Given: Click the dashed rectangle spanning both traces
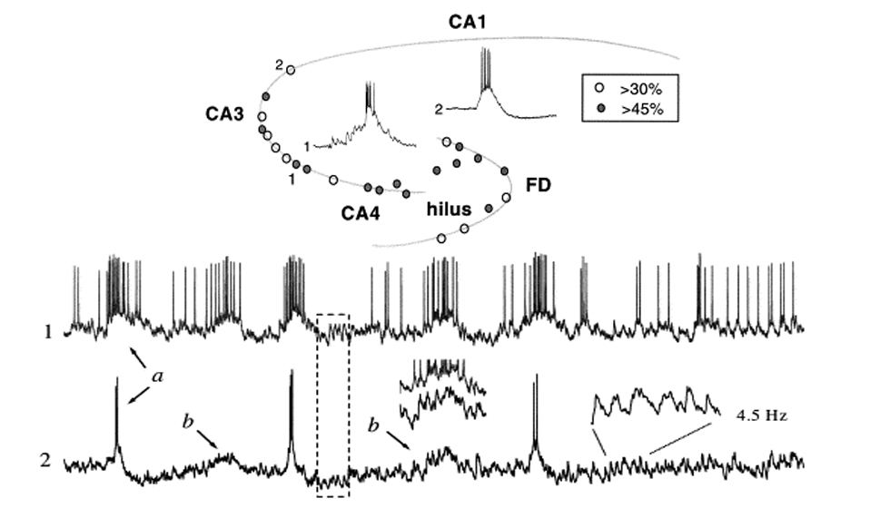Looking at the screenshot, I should pyautogui.click(x=332, y=405).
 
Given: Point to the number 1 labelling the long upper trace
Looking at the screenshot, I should pyautogui.click(x=46, y=332).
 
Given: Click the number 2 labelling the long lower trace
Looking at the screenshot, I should pyautogui.click(x=46, y=461).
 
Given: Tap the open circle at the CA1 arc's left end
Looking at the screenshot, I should pyautogui.click(x=291, y=69).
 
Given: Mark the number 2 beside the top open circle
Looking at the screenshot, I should pyautogui.click(x=280, y=63).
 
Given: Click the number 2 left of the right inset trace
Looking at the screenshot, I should pyautogui.click(x=439, y=109).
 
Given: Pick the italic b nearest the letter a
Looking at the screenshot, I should pyautogui.click(x=188, y=424).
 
